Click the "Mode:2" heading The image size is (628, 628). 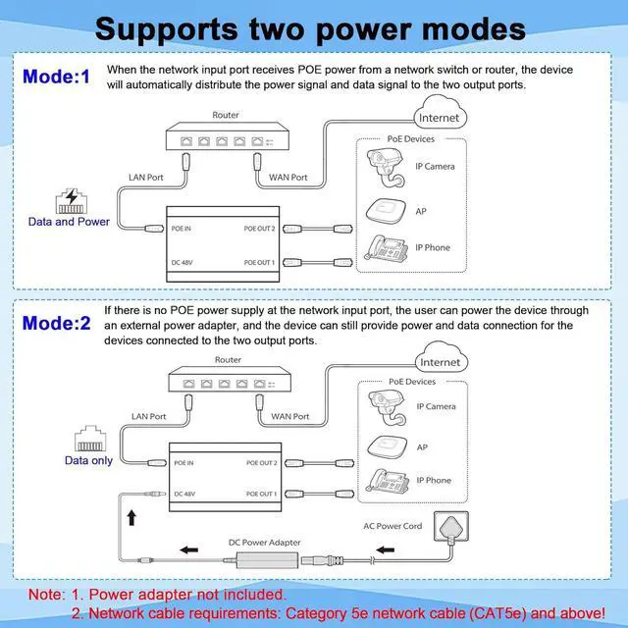point(56,323)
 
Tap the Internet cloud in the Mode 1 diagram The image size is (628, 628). point(438,118)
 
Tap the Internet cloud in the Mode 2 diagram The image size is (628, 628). point(439,361)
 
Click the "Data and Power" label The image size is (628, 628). point(69,222)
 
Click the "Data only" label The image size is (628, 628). point(88,459)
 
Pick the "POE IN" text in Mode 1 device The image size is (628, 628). point(183,228)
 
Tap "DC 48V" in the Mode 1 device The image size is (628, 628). point(183,262)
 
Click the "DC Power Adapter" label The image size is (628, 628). point(265,543)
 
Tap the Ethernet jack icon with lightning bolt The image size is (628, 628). point(69,200)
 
